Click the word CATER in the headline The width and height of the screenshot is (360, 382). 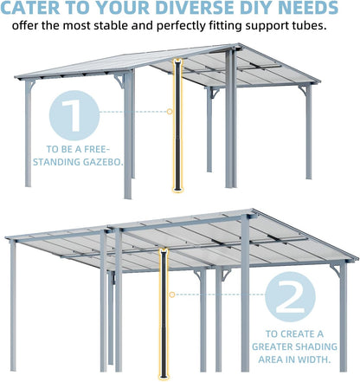click(x=35, y=10)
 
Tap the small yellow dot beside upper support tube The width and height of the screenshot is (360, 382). click(x=170, y=112)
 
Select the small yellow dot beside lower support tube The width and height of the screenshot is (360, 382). click(x=171, y=295)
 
